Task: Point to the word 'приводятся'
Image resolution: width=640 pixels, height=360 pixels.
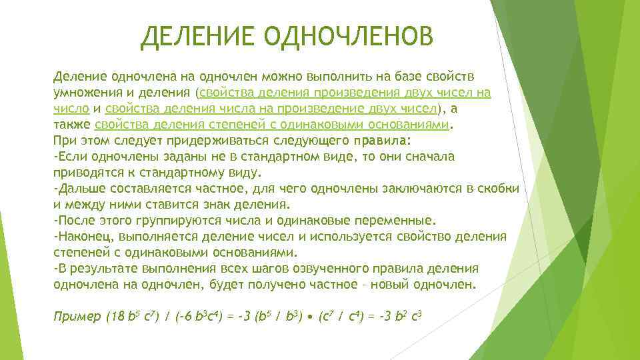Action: pos(84,172)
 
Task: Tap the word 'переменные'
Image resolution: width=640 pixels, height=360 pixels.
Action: pos(396,219)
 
